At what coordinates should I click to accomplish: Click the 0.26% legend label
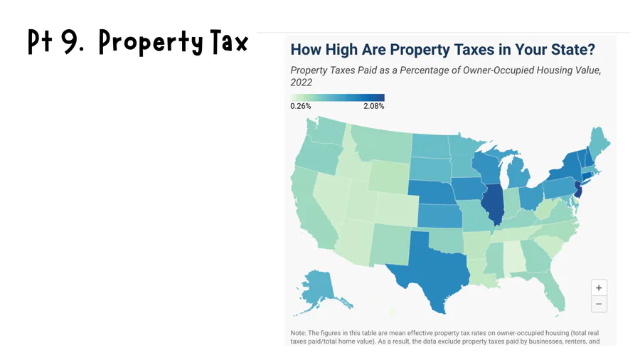(301, 106)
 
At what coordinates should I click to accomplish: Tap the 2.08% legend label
(373, 106)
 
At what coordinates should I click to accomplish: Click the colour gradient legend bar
(337, 97)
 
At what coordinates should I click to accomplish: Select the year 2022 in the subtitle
(302, 83)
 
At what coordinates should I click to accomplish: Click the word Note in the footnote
(297, 333)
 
